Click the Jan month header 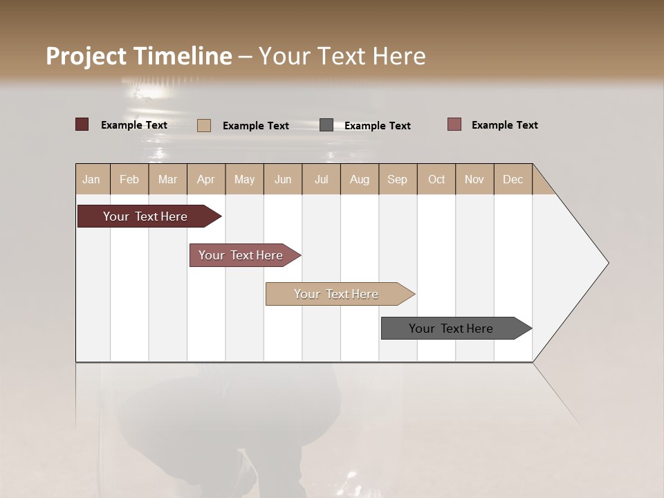[x=92, y=179]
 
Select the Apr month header [x=206, y=179]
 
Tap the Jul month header [x=321, y=179]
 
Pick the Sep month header [x=397, y=179]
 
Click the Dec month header [x=513, y=179]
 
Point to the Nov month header [x=474, y=179]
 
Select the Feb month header [x=129, y=179]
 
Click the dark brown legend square [x=82, y=124]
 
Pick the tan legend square [x=203, y=125]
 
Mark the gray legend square [x=326, y=125]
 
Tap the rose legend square [x=454, y=124]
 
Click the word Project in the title [x=86, y=56]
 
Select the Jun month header [x=283, y=179]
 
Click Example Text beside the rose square [x=504, y=125]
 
